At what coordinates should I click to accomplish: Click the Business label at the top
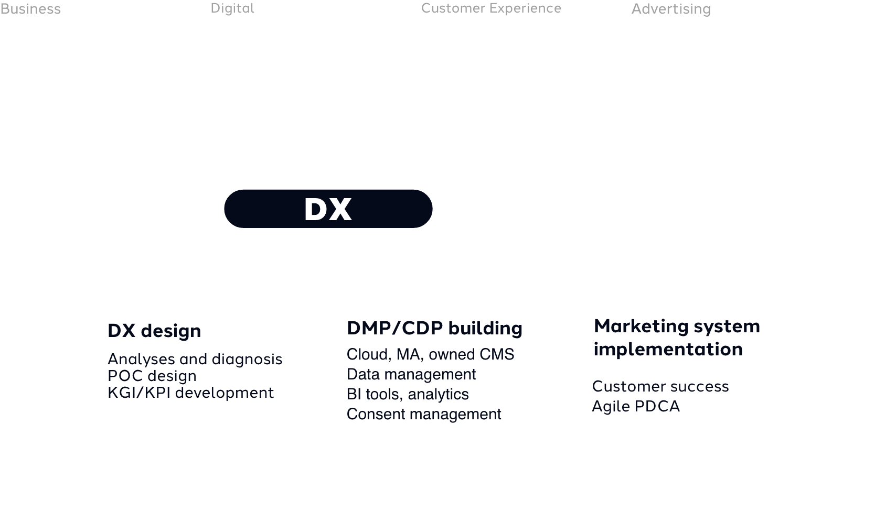point(30,9)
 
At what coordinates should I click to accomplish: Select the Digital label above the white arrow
point(232,8)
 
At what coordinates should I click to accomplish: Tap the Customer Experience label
point(491,8)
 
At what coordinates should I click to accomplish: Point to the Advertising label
point(671,9)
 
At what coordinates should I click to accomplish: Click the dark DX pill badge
point(328,209)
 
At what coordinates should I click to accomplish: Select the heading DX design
point(154,331)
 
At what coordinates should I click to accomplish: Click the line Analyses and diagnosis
point(195,359)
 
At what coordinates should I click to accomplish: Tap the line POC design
point(152,376)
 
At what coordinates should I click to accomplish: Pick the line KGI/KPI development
point(190,393)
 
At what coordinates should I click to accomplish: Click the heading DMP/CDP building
point(434,328)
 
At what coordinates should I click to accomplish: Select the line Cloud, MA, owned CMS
point(430,354)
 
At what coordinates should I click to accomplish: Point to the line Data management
point(411,374)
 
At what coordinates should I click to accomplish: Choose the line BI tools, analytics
point(408,394)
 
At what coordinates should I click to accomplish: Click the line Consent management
point(424,414)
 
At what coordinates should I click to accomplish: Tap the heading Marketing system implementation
point(677,337)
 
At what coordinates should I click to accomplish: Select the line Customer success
point(660,386)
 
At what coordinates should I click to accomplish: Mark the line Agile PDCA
point(636,406)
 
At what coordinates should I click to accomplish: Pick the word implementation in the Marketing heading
point(668,349)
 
